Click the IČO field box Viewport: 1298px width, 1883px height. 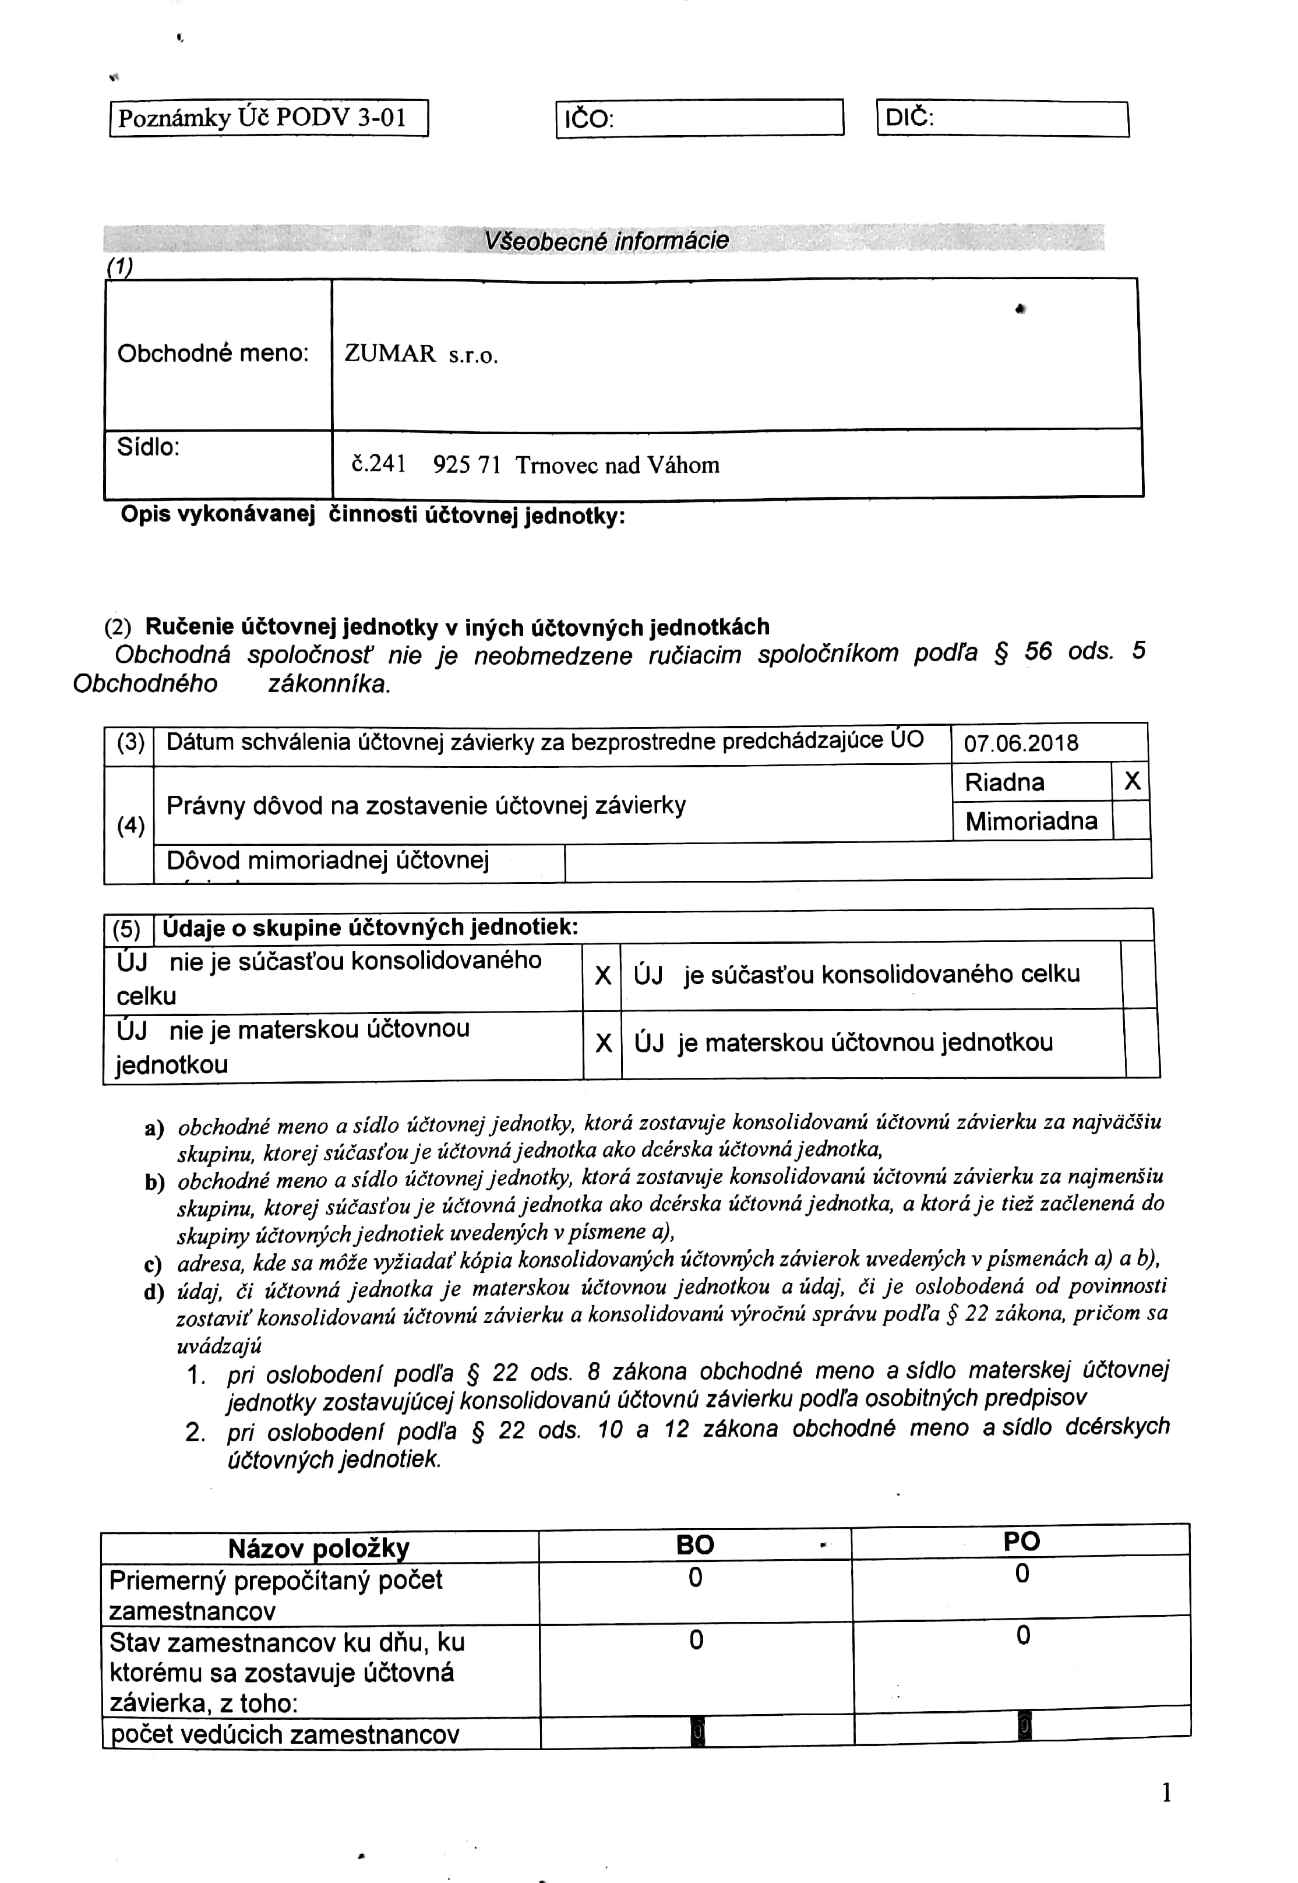coord(700,119)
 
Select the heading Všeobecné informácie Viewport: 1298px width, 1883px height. coord(606,241)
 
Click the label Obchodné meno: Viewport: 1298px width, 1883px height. coord(213,353)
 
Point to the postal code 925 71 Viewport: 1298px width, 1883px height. coord(466,466)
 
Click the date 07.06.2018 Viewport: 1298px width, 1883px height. coord(1021,743)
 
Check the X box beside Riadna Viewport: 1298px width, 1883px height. coord(1131,782)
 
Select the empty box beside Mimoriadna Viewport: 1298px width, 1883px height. coord(1131,821)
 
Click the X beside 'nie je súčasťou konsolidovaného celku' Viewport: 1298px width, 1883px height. coord(602,975)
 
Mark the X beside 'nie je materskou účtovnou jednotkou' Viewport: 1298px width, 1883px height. coord(602,1043)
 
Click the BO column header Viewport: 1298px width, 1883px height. coord(696,1545)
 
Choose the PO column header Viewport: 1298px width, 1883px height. coord(1021,1542)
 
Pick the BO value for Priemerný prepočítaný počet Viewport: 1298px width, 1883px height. coord(696,1578)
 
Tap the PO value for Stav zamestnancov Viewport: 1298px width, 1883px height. coord(1023,1636)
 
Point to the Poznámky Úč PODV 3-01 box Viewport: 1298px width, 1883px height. coord(269,119)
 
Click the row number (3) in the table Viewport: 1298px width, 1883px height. coord(130,743)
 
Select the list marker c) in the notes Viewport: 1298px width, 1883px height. coord(153,1265)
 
